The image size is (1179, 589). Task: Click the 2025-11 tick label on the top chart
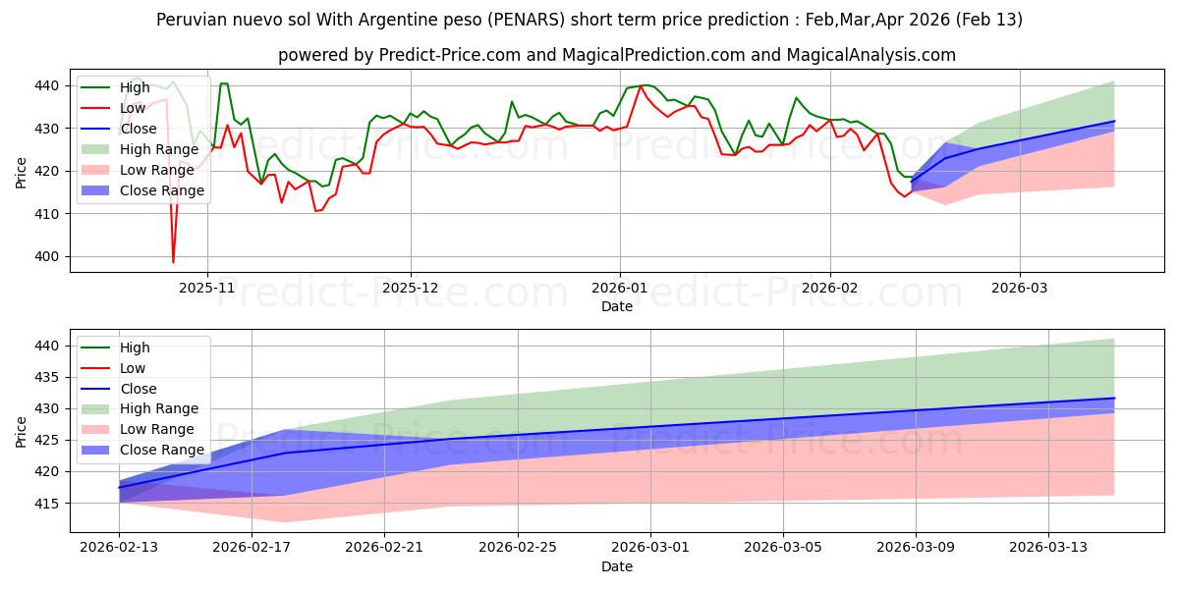coord(206,290)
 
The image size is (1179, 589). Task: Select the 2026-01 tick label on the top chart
coord(619,290)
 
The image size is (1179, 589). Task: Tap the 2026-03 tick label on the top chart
coord(1019,290)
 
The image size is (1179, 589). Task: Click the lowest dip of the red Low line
coord(173,262)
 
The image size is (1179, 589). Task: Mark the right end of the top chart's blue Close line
coord(1114,121)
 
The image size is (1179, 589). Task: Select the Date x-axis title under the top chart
coord(616,306)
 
